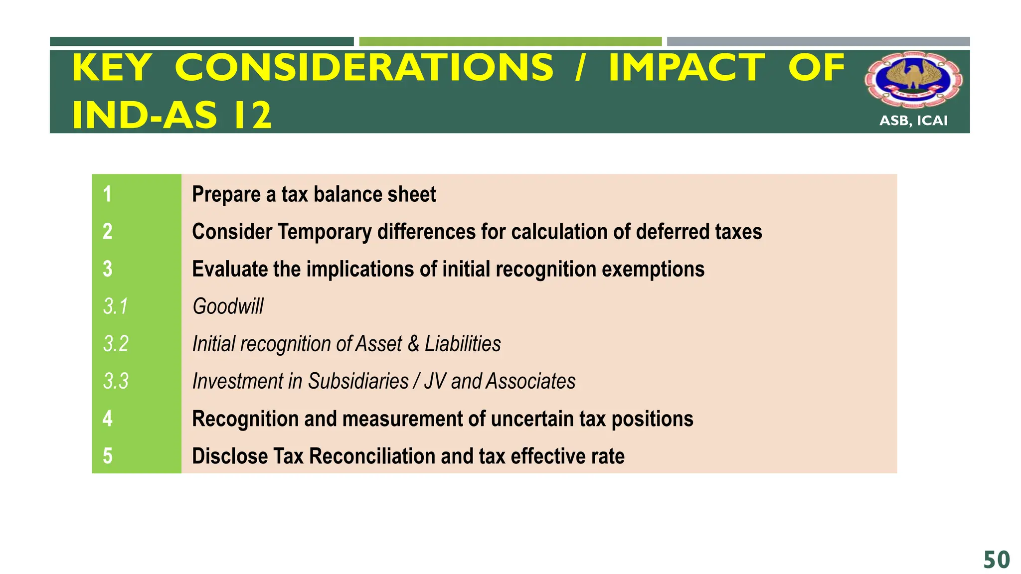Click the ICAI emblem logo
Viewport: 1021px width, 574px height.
(913, 80)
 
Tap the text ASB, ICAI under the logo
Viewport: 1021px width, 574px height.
(913, 121)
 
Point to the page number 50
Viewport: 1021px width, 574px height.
(997, 560)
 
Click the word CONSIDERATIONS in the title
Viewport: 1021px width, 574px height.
(364, 68)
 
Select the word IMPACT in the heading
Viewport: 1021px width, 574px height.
(686, 68)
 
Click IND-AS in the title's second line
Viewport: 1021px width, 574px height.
(145, 115)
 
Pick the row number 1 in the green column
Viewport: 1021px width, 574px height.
(107, 194)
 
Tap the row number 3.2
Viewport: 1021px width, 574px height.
(116, 344)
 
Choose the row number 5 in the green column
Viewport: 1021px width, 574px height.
(108, 456)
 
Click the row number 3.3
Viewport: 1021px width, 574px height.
(116, 381)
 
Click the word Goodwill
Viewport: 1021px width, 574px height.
(228, 306)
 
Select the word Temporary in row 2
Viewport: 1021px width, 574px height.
(324, 232)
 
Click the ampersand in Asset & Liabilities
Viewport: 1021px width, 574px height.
(413, 344)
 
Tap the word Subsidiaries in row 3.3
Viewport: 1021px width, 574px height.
(358, 381)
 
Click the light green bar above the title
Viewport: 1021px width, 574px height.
(510, 41)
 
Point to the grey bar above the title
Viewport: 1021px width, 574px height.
(818, 41)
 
